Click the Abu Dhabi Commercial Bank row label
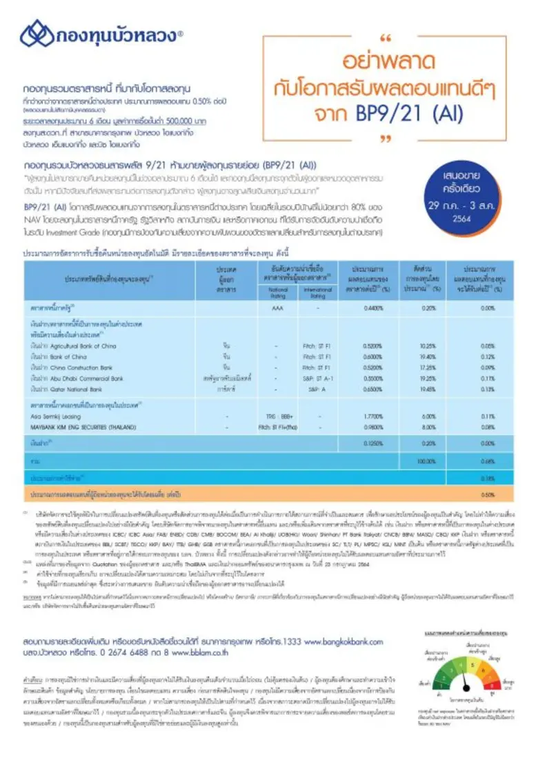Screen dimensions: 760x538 pyautogui.click(x=79, y=379)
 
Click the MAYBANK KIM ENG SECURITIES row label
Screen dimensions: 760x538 pyautogui.click(x=86, y=428)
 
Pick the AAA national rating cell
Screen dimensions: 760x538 pyautogui.click(x=278, y=308)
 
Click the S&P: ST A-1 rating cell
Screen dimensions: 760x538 pyautogui.click(x=318, y=379)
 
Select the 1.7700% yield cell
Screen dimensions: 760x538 pyautogui.click(x=373, y=417)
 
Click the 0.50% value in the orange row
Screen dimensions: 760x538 pyautogui.click(x=488, y=494)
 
